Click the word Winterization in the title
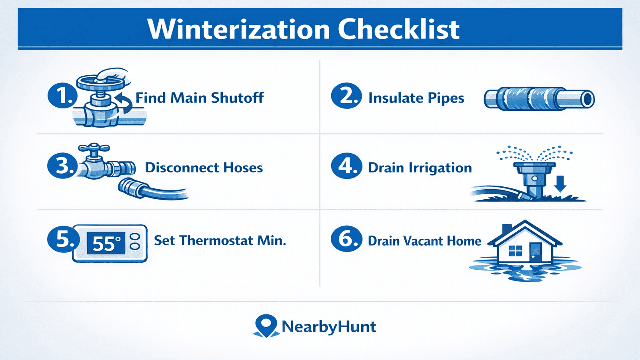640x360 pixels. coord(238,29)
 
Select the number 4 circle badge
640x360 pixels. coord(346,166)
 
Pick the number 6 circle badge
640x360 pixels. coord(346,239)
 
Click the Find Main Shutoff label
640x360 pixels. coord(200,98)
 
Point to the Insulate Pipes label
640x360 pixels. coord(416,98)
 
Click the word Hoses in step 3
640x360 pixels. coord(243,168)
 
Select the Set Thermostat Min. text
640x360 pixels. coord(220,240)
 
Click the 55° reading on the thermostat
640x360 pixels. coord(106,243)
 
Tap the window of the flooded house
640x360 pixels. coord(515,251)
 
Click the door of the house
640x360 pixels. coord(535,252)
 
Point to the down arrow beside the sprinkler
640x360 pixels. coord(560,184)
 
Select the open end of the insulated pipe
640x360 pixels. coord(588,99)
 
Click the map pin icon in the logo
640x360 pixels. coord(266,325)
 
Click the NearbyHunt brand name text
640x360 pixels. coord(329,327)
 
